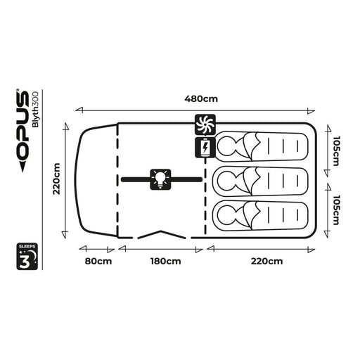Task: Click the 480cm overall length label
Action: tap(201, 98)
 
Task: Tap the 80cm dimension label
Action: tap(98, 261)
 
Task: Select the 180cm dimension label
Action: tap(166, 261)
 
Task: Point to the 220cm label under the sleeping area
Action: tap(266, 261)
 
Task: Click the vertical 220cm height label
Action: tap(57, 179)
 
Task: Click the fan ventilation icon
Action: tap(205, 124)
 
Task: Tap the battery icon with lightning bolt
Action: tap(205, 148)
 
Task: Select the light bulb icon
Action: tap(160, 179)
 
